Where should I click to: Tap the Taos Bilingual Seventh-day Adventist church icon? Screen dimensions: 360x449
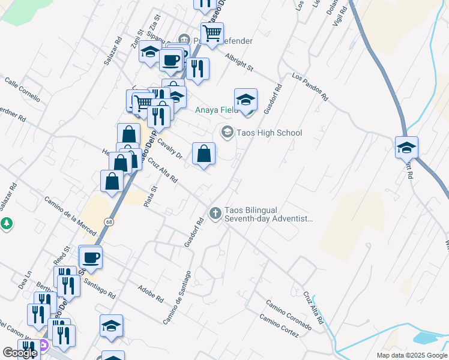[x=215, y=212]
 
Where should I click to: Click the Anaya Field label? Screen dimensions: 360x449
[x=215, y=110]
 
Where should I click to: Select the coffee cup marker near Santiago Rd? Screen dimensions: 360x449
[x=91, y=257]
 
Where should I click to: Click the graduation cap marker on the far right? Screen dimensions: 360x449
[x=406, y=148]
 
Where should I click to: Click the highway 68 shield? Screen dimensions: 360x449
[x=109, y=222]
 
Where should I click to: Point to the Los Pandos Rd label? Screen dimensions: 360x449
[x=310, y=87]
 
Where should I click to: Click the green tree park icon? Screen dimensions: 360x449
[x=7, y=224]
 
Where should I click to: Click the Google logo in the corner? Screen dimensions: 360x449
[x=20, y=353]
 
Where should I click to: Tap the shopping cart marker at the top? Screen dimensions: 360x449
[x=212, y=33]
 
